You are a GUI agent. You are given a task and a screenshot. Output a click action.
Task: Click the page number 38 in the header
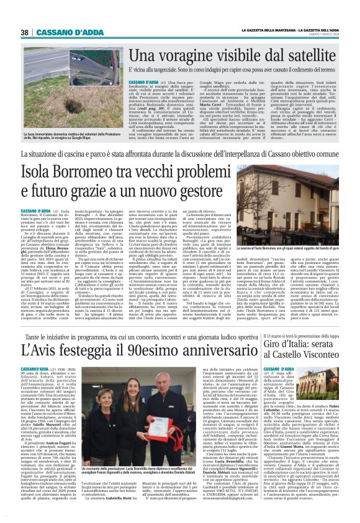pyautogui.click(x=25, y=32)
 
